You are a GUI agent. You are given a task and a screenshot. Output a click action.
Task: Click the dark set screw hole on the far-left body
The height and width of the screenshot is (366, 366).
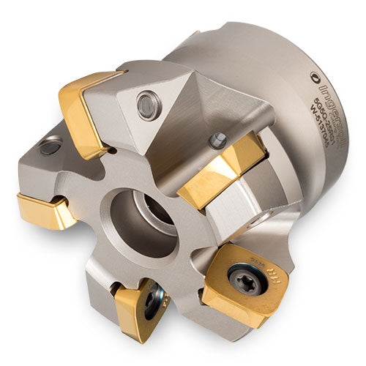pyautogui.click(x=50, y=147)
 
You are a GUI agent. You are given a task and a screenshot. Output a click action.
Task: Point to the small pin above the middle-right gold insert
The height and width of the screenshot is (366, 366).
pyautogui.click(x=216, y=138)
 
